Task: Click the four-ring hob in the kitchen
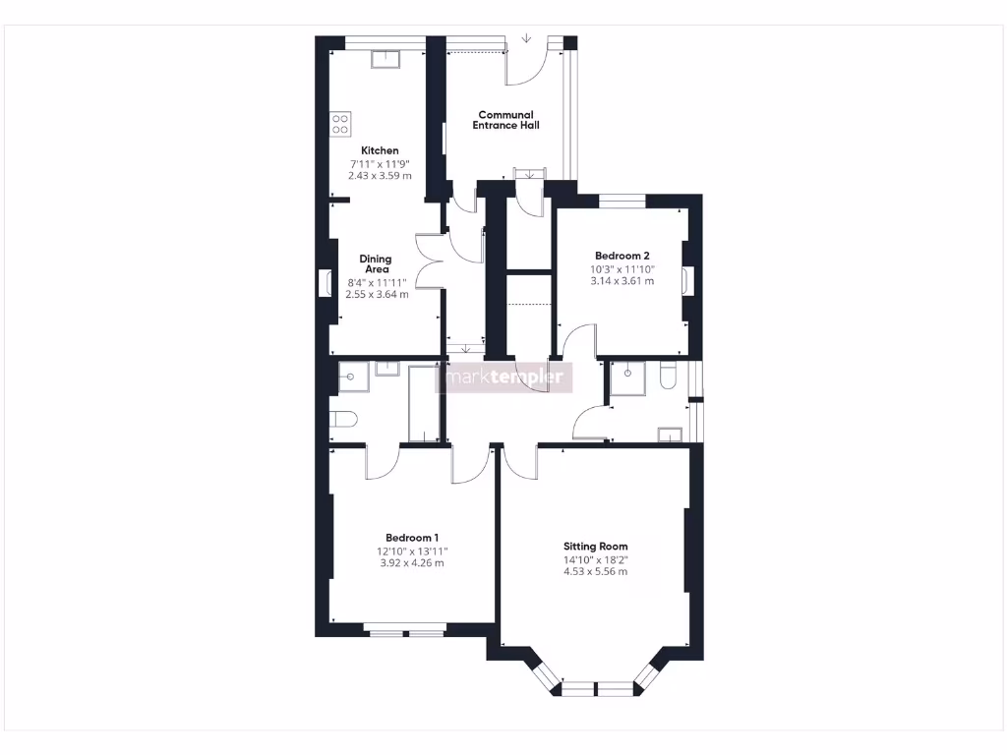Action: point(340,124)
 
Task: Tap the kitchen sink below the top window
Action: point(384,59)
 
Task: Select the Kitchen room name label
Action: point(380,150)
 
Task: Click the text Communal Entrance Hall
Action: point(505,120)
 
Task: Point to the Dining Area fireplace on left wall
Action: point(324,282)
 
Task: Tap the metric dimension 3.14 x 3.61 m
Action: point(622,280)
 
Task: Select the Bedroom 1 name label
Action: point(412,538)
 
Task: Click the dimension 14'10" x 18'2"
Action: point(595,560)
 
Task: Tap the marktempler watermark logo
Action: point(505,377)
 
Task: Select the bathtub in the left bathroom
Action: point(424,403)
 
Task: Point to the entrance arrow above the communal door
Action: point(527,39)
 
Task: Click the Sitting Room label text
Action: point(595,547)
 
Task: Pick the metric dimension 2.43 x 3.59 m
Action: point(380,176)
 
